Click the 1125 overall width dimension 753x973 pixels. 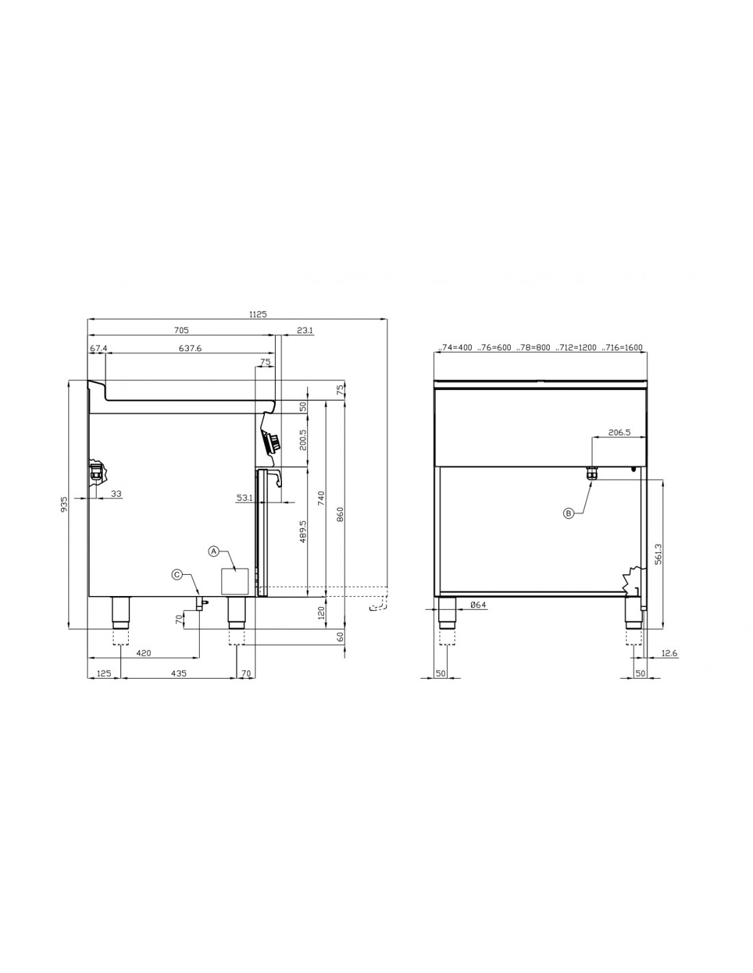257,314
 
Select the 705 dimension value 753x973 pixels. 181,330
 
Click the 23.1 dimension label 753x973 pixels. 305,330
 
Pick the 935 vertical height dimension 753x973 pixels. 64,504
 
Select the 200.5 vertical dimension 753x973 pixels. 303,440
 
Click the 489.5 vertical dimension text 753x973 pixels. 303,532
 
